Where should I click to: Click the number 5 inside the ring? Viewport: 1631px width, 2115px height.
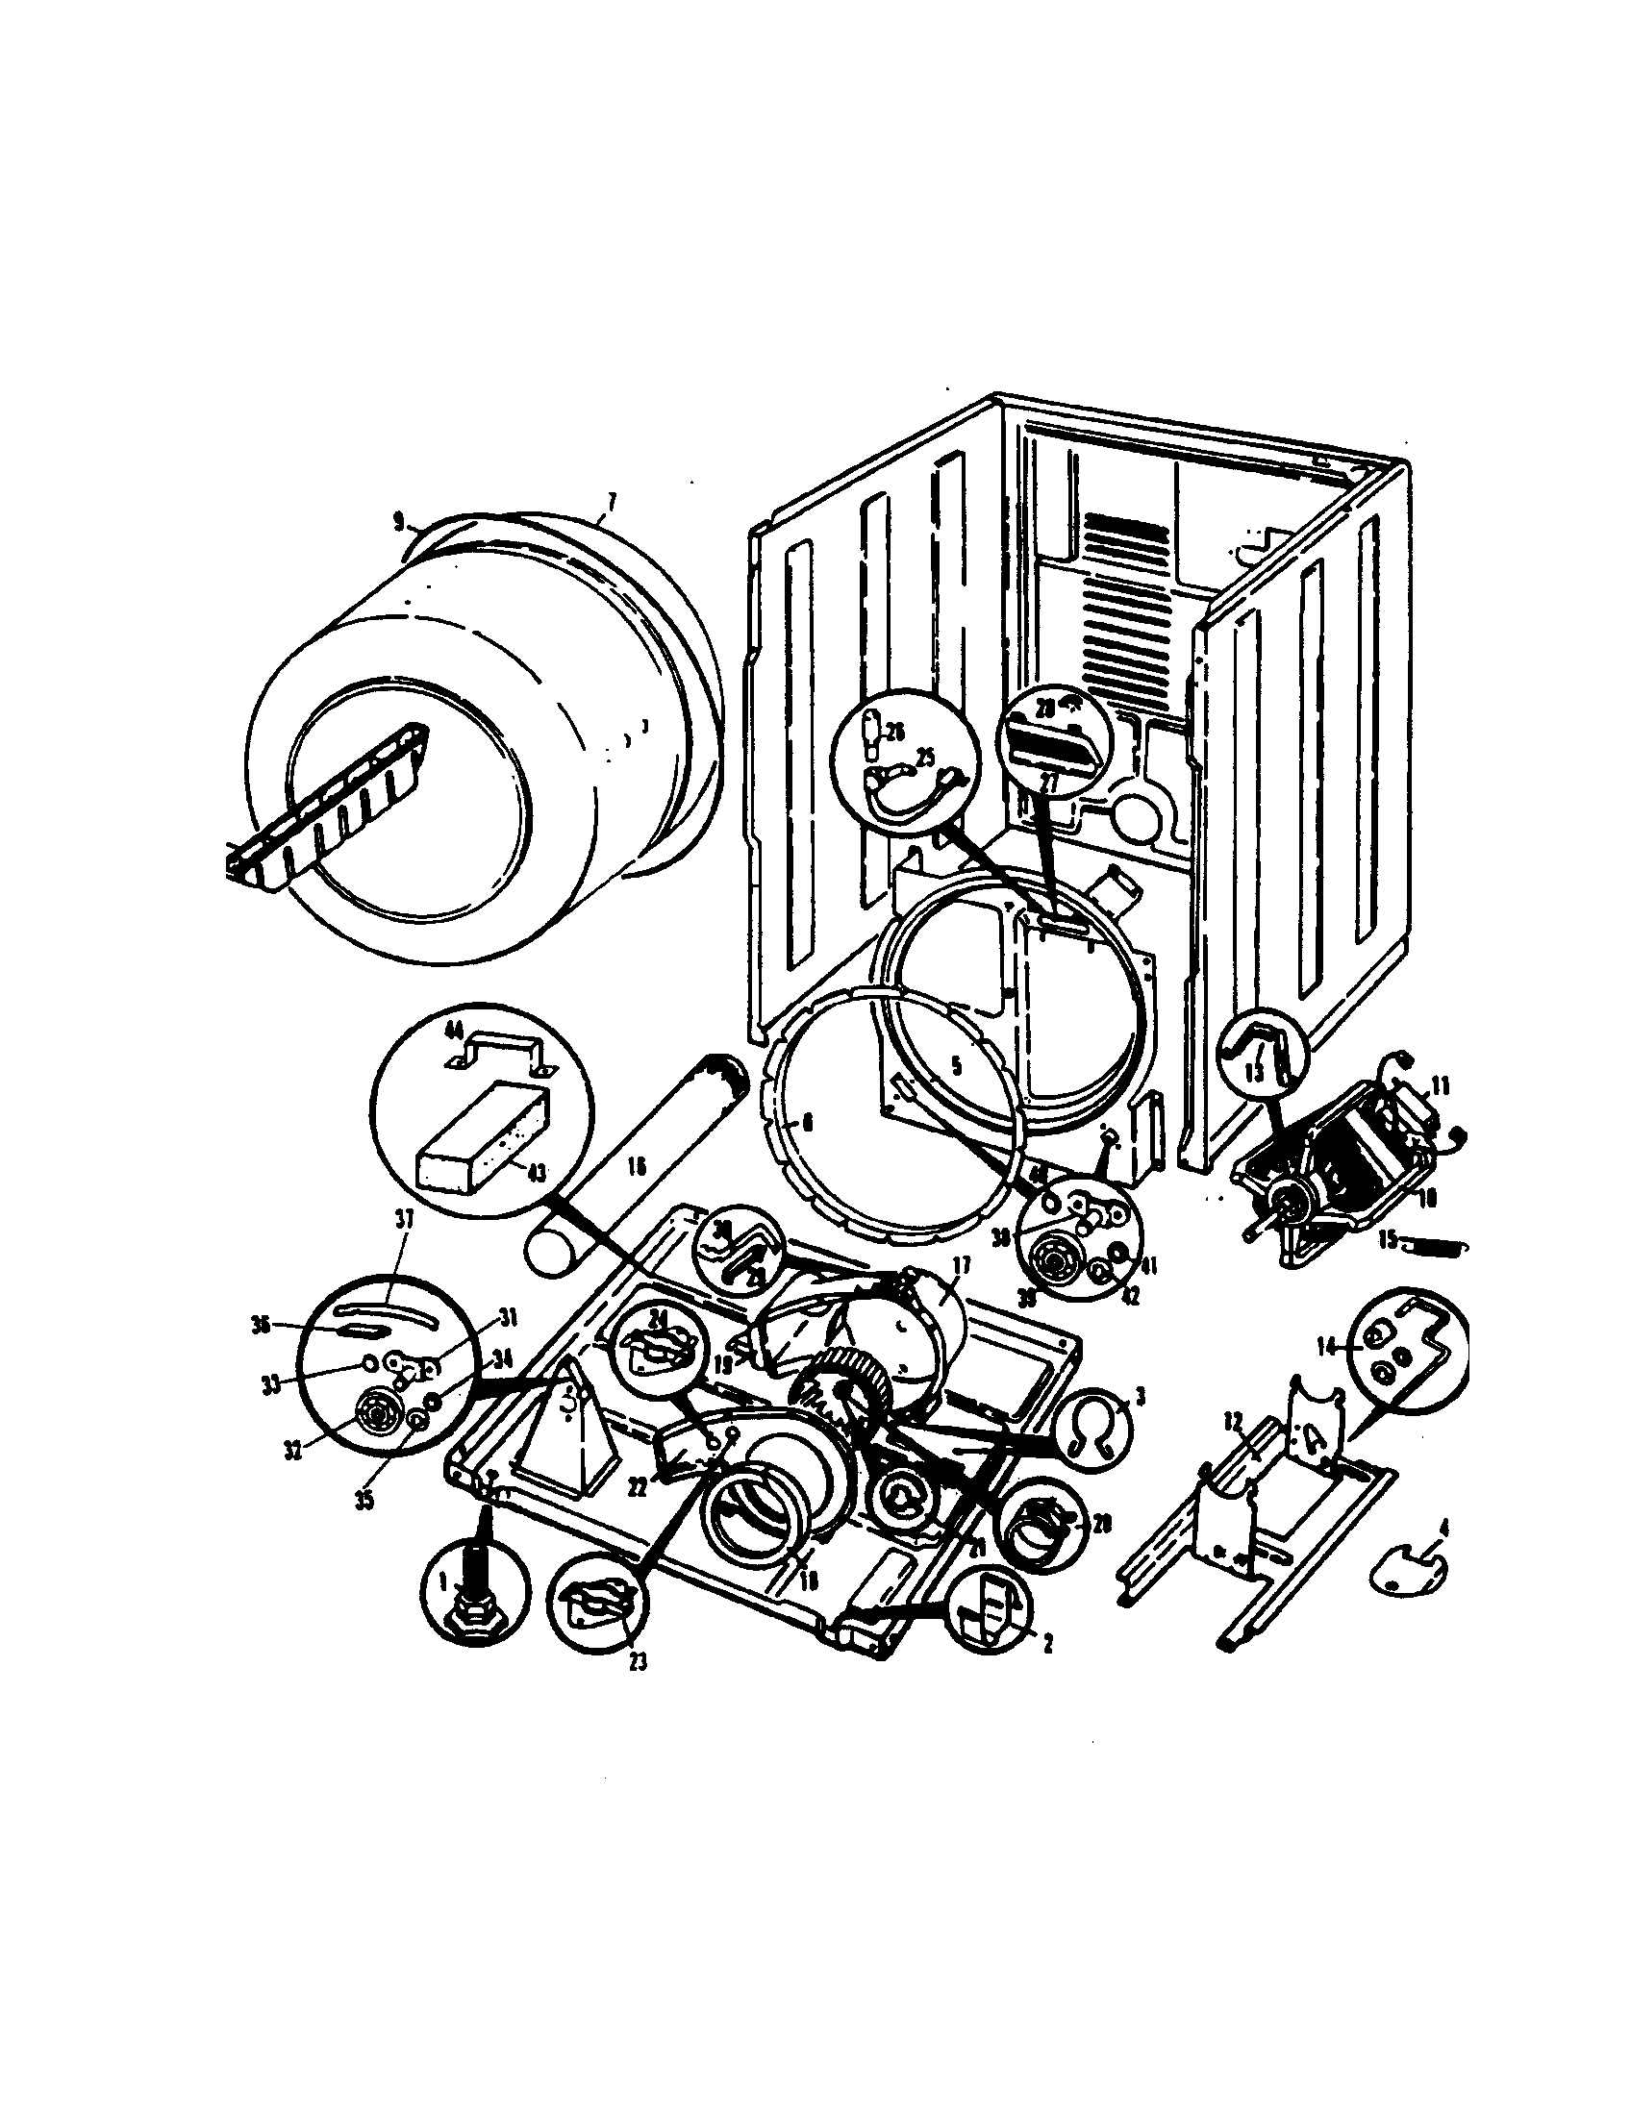coord(956,1067)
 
